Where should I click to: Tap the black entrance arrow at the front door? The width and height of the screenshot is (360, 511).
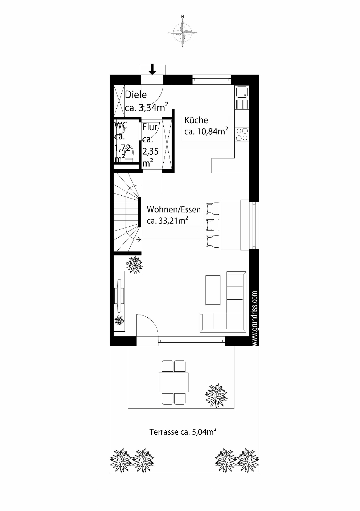click(x=152, y=69)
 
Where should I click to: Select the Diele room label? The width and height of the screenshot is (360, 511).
click(x=136, y=94)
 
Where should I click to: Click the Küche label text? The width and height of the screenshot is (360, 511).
click(x=196, y=120)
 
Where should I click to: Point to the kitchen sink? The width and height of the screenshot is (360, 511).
click(x=242, y=92)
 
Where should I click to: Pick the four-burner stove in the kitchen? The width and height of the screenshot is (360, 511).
click(x=242, y=134)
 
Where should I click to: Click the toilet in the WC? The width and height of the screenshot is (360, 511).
click(x=129, y=153)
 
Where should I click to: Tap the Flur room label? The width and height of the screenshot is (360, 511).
click(x=150, y=127)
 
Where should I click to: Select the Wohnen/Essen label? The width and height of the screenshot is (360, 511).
click(x=174, y=209)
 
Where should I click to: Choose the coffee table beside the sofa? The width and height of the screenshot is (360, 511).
click(x=213, y=290)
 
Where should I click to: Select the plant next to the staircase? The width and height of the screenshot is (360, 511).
click(x=134, y=265)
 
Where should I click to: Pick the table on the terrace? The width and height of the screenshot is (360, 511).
click(x=173, y=382)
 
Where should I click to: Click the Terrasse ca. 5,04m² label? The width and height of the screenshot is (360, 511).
click(x=183, y=431)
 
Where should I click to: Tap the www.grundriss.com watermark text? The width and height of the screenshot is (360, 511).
click(x=255, y=318)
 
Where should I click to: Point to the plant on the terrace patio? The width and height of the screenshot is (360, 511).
click(x=216, y=395)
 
